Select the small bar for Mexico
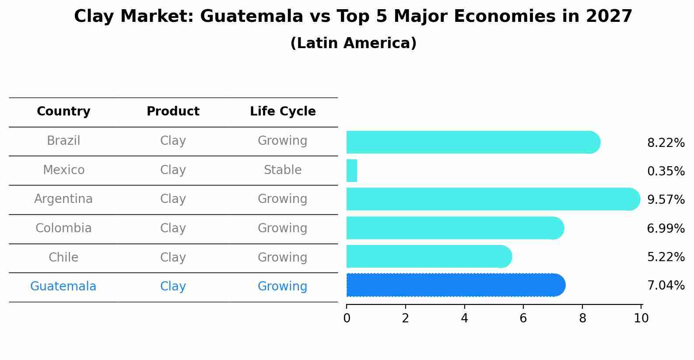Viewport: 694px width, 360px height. [x=352, y=171]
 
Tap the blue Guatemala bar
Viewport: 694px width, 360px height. [x=455, y=285]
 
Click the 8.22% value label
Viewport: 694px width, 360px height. [x=666, y=143]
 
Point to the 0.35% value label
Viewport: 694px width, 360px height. [x=666, y=171]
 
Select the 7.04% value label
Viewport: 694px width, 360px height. [x=666, y=286]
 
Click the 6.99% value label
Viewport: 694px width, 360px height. [x=666, y=228]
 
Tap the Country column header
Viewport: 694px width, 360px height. [x=63, y=112]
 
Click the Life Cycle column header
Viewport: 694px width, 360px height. [x=283, y=112]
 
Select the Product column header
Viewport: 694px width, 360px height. [x=173, y=112]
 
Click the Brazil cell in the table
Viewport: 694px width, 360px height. [x=63, y=141]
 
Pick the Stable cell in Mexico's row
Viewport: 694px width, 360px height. [x=283, y=170]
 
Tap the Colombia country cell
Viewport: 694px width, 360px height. [x=63, y=228]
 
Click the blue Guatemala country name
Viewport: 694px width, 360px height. [x=63, y=287]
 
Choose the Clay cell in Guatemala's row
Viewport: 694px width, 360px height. [x=173, y=287]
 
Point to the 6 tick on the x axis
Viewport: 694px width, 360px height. [x=523, y=318]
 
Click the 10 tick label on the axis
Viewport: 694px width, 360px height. [x=641, y=318]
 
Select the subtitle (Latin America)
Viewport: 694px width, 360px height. [x=353, y=43]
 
